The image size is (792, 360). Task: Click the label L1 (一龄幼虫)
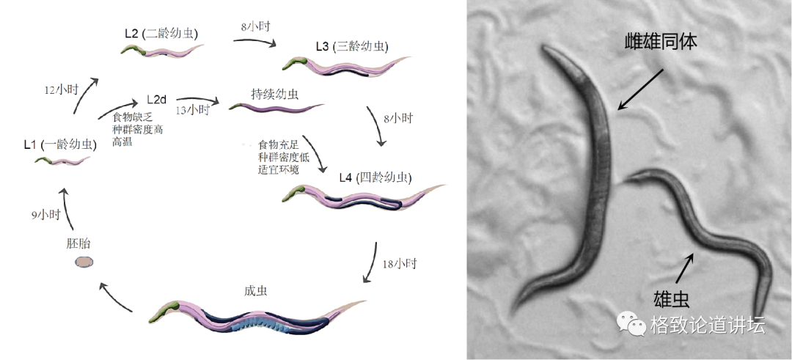click(59, 144)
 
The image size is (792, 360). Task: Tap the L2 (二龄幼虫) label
click(161, 34)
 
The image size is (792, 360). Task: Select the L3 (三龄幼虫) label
click(352, 46)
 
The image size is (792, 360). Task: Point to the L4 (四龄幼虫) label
click(375, 178)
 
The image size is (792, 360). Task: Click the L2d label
click(157, 99)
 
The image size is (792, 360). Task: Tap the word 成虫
click(255, 290)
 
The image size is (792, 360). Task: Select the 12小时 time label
click(61, 90)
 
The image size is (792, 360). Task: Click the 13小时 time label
click(193, 110)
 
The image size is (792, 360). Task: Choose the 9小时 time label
click(45, 215)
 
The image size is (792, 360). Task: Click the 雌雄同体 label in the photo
click(659, 43)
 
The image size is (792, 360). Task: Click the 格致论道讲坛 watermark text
click(707, 325)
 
